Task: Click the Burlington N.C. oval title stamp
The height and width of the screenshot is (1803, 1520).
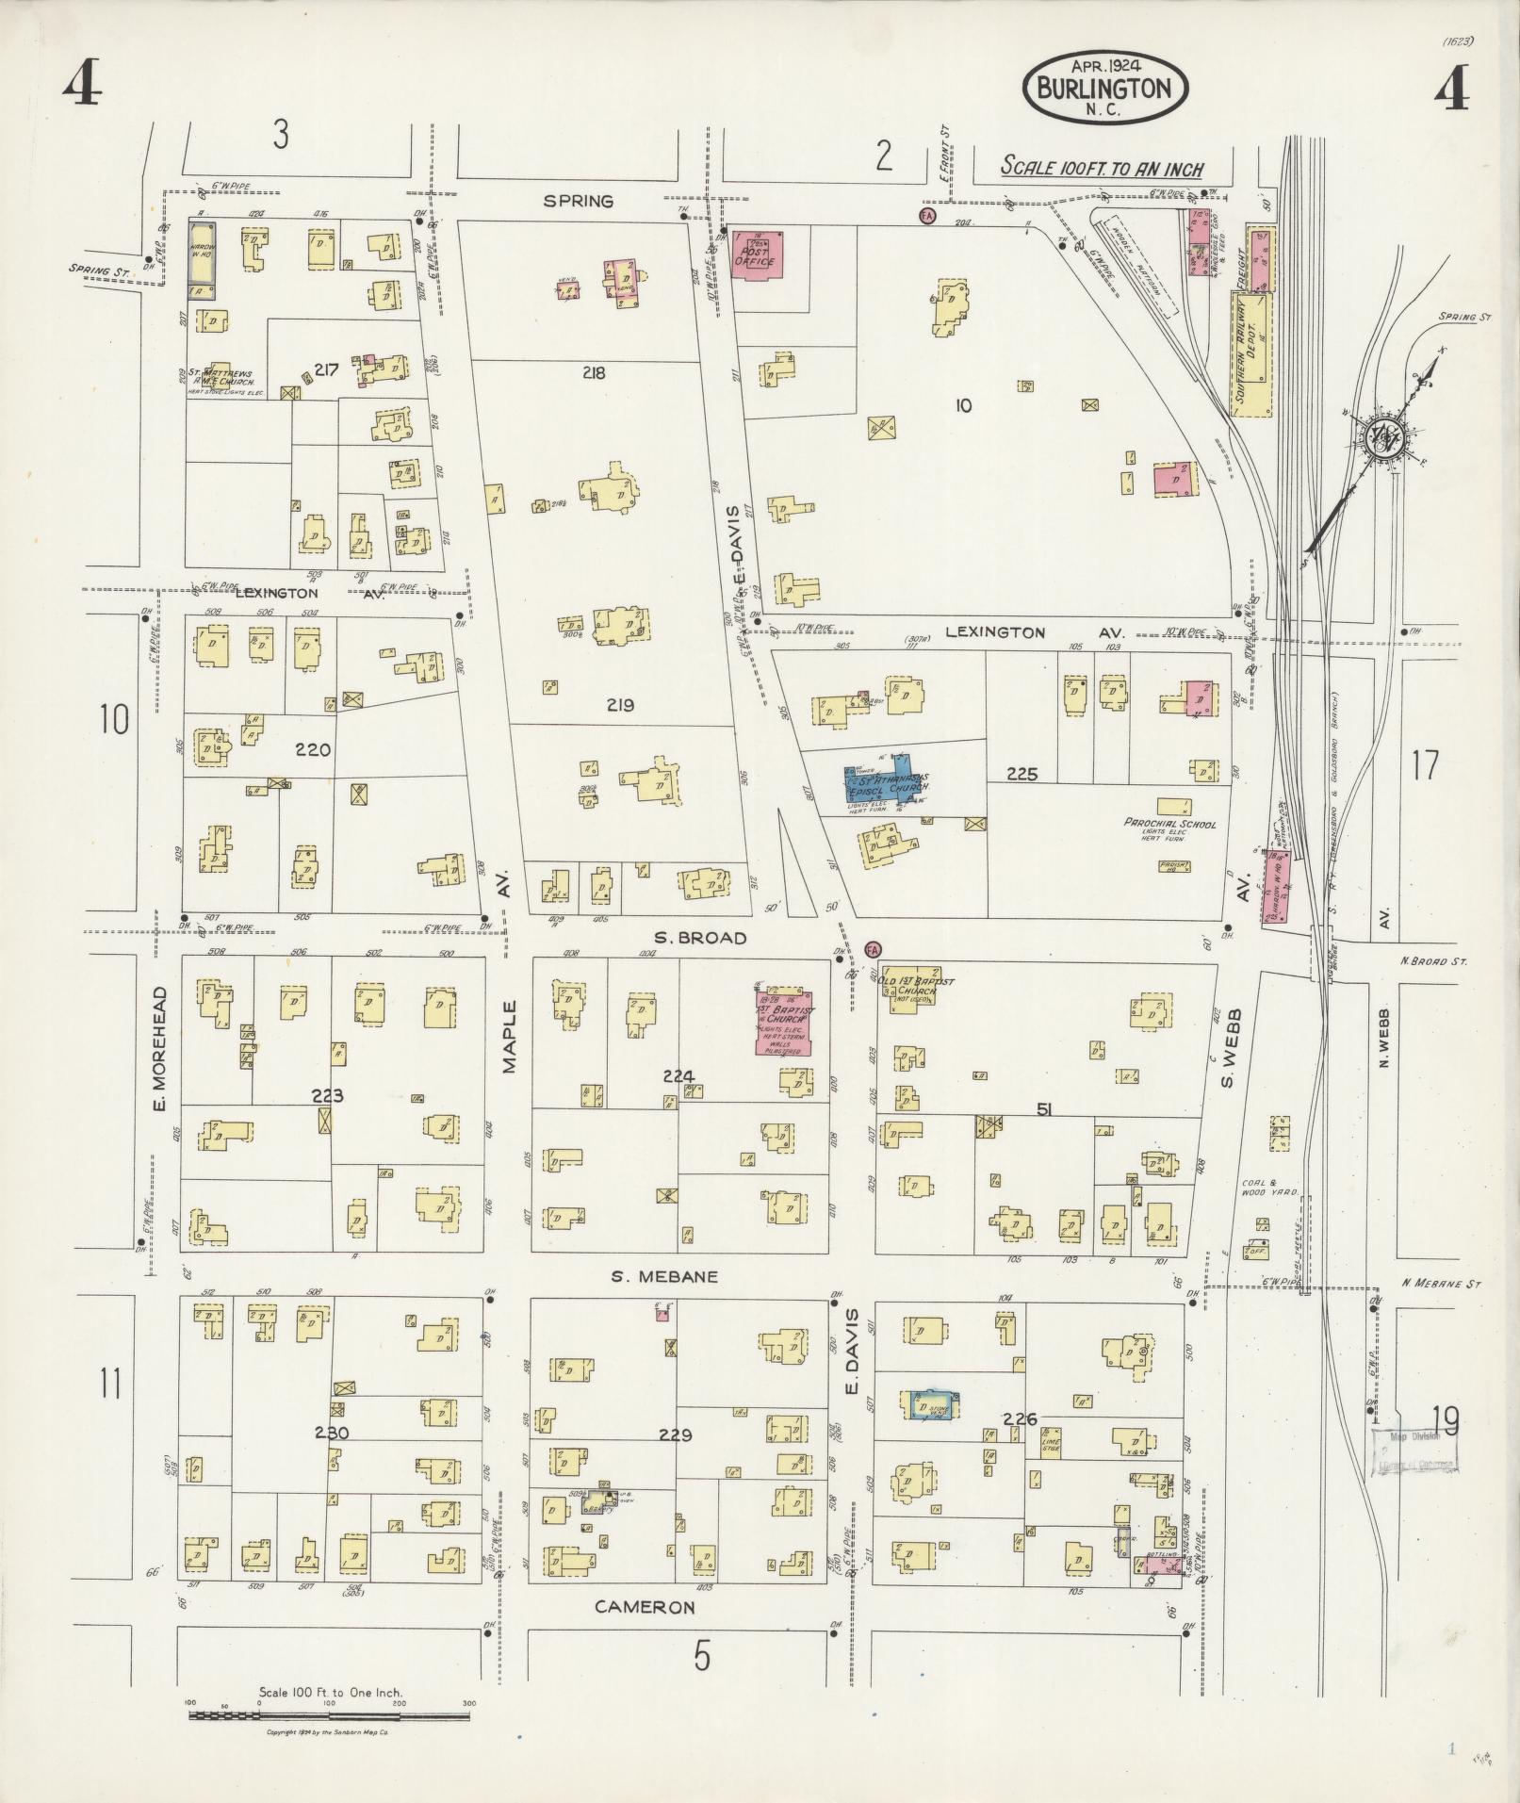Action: tap(1104, 88)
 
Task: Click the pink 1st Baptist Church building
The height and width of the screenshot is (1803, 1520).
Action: tap(783, 1022)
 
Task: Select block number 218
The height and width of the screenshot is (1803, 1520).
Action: tap(594, 372)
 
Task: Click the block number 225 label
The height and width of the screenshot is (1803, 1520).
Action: tap(1022, 774)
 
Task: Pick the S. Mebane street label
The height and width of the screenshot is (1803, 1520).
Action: tap(664, 1276)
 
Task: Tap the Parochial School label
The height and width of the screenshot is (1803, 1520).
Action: tap(1169, 823)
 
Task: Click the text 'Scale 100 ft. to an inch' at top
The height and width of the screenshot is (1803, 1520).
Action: tap(1102, 169)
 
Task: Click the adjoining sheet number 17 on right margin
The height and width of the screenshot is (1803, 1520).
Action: tap(1425, 764)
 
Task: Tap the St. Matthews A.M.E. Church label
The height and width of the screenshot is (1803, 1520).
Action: tap(219, 378)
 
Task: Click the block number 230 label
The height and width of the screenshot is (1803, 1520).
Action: tap(331, 1459)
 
